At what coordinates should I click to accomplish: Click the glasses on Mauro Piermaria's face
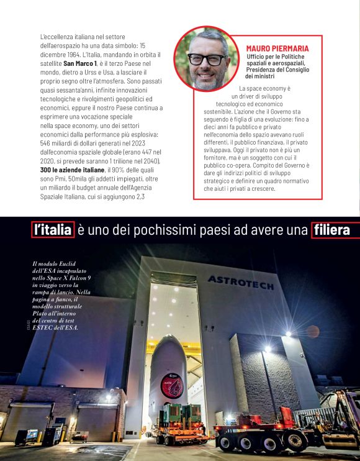(207, 60)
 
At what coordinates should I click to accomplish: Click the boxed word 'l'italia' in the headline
(53, 230)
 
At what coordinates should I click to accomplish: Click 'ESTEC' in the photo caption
(44, 327)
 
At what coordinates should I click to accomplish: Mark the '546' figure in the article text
(47, 142)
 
